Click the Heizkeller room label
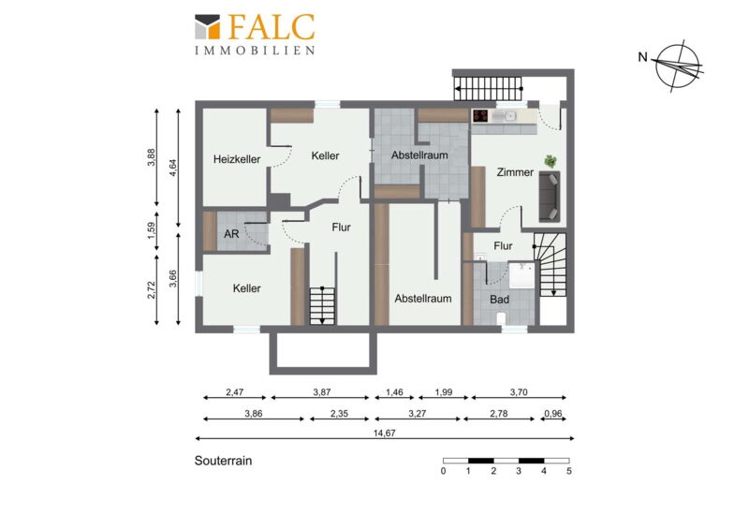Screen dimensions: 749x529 coord(237,159)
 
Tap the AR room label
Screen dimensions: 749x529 coord(231,234)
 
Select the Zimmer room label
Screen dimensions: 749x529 coord(515,172)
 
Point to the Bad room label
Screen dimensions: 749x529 coord(500,300)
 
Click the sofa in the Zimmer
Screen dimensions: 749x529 coord(550,196)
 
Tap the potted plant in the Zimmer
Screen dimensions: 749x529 coord(551,162)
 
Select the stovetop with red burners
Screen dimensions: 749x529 coord(480,116)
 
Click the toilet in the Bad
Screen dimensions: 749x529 coord(502,318)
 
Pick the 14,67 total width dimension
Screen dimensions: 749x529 coord(385,433)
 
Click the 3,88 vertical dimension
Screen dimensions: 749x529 coord(151,157)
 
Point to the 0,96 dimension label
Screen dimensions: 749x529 coord(553,414)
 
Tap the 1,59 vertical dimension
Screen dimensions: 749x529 coord(151,231)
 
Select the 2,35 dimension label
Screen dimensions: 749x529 coord(339,414)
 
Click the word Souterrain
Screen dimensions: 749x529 coord(223,461)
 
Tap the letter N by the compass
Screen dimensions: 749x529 coord(643,57)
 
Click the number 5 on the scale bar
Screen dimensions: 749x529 coord(569,471)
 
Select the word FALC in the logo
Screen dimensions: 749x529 coord(272,27)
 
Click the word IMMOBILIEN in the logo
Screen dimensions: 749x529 coord(255,51)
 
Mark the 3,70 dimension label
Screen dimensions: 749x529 coord(519,392)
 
